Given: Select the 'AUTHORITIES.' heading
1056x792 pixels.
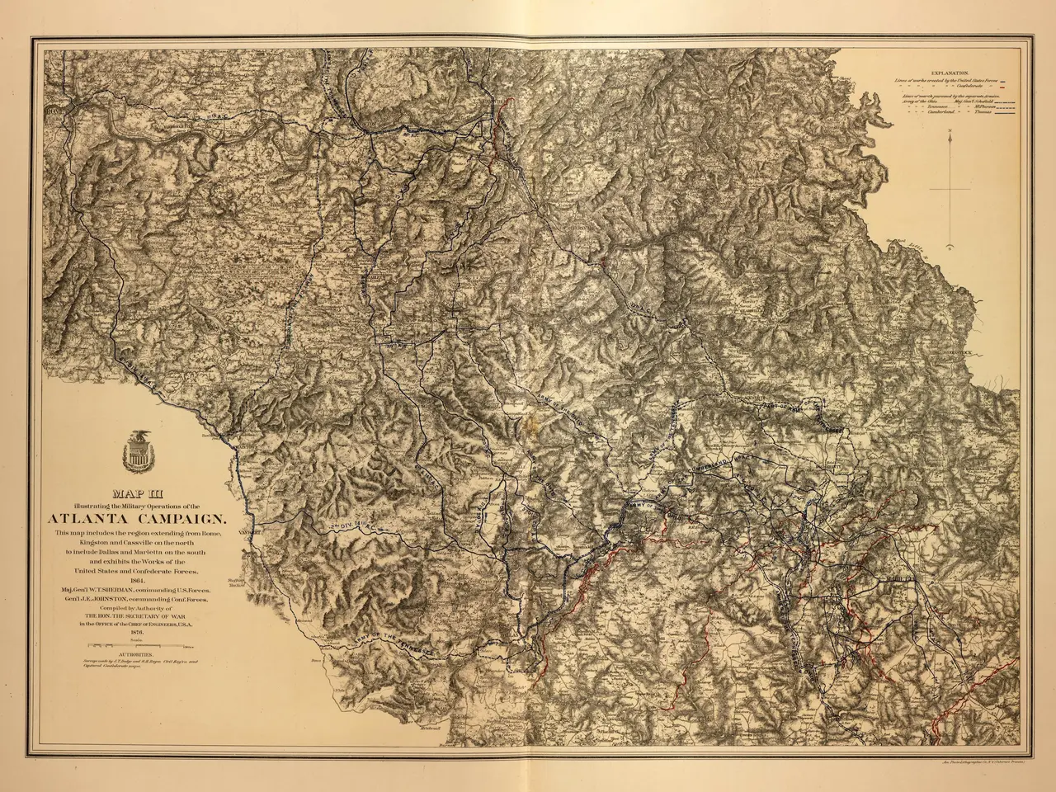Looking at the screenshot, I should pyautogui.click(x=137, y=655).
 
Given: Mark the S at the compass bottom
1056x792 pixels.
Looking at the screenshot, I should pyautogui.click(x=950, y=245).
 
